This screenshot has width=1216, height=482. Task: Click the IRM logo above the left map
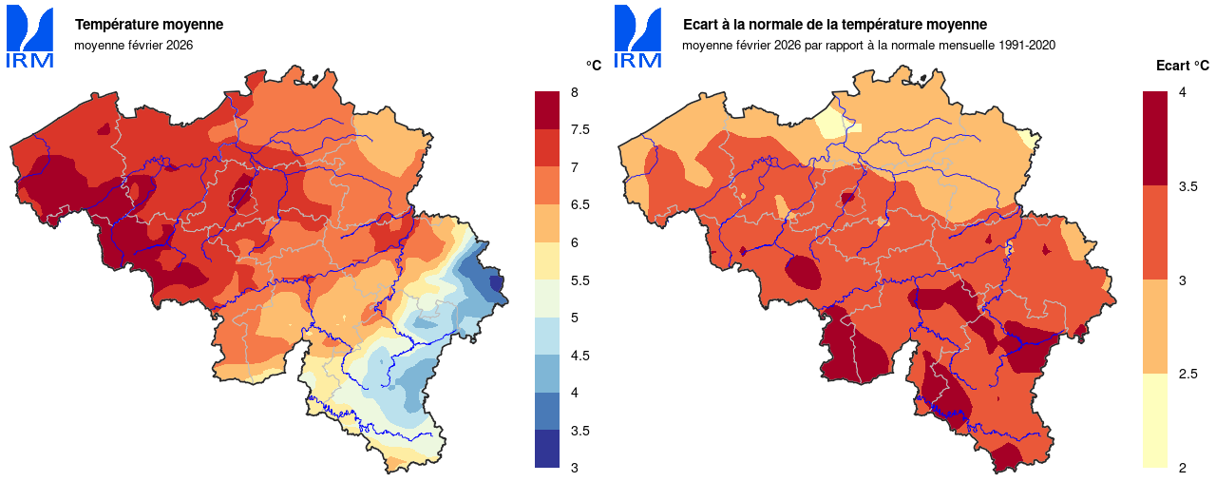29,37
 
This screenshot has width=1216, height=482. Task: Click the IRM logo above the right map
637,37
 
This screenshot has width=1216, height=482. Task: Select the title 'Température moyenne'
149,25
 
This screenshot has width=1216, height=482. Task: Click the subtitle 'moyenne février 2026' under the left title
133,45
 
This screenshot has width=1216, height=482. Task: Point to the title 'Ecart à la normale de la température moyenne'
835,25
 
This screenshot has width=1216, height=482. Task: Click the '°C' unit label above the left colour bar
593,66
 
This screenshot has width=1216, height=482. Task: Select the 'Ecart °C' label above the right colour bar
1182,66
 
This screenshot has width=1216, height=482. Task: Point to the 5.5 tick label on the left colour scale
579,280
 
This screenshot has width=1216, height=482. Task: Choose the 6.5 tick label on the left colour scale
579,205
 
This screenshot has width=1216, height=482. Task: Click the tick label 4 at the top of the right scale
1182,92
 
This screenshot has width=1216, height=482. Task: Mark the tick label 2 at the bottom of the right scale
1182,468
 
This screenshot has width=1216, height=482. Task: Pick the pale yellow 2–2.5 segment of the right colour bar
1154,420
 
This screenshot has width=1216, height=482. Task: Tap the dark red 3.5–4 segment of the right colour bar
1154,138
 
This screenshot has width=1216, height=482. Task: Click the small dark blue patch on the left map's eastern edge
495,283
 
